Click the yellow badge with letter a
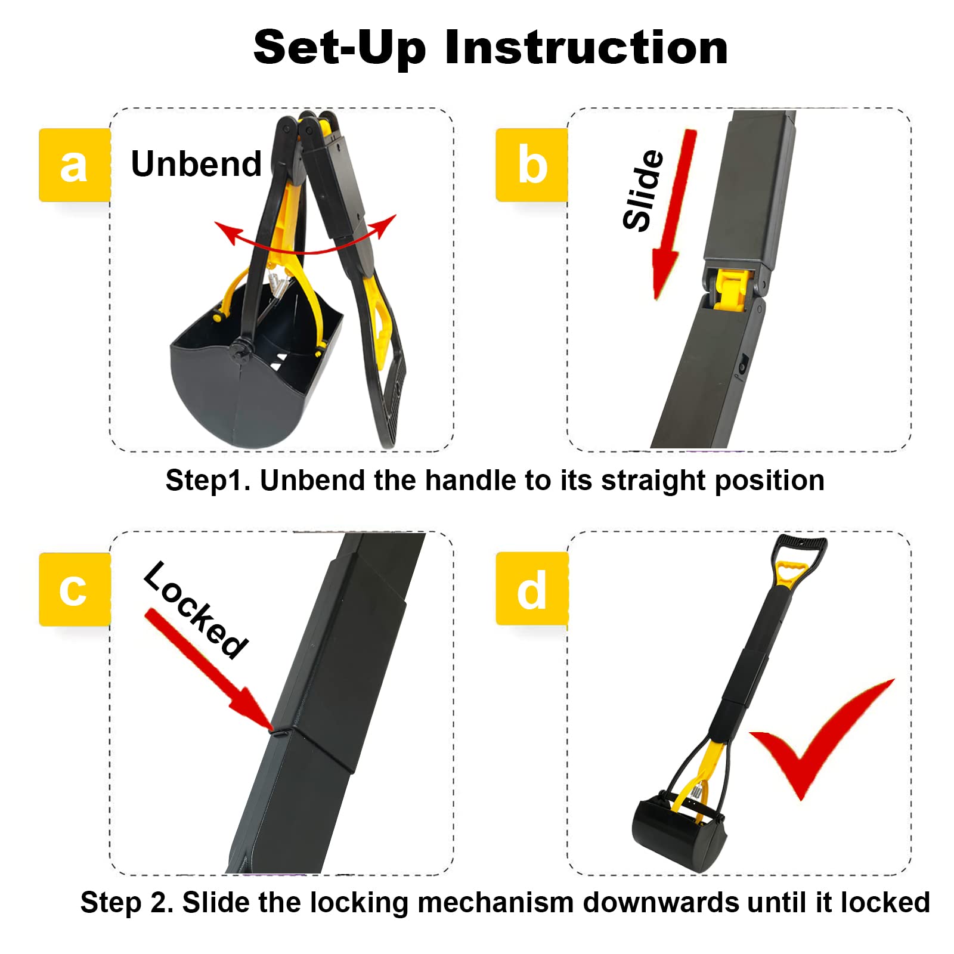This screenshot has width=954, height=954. [75, 165]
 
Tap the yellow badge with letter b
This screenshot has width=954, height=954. [531, 165]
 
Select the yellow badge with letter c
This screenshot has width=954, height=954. [75, 589]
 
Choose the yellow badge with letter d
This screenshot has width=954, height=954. [531, 589]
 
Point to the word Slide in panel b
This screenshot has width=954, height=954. [643, 190]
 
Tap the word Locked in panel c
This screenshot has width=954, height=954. [196, 609]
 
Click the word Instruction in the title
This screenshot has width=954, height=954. [586, 48]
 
